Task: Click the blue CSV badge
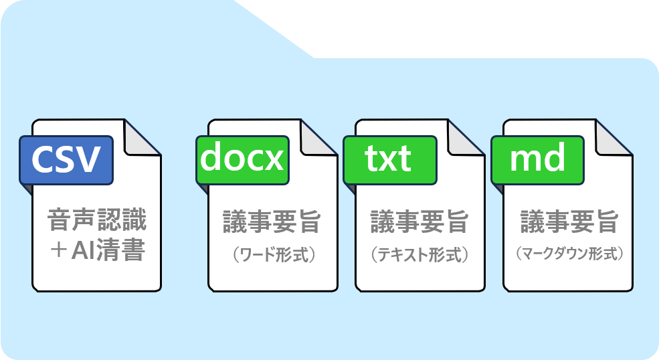click(x=66, y=161)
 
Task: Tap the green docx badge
click(x=242, y=161)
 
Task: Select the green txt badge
click(x=389, y=161)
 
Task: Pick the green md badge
click(x=538, y=161)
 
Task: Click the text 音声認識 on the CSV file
click(x=97, y=220)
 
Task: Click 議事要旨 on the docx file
click(x=272, y=222)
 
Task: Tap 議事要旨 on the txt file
click(x=419, y=222)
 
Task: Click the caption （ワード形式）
click(x=272, y=255)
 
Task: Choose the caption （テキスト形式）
click(x=419, y=255)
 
